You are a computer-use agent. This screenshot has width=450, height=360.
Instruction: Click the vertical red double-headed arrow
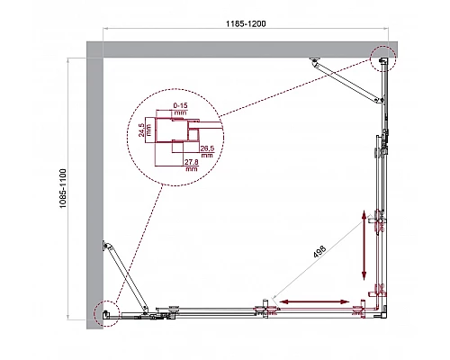pos(365,245)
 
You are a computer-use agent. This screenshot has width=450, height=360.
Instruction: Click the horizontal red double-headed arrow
pos(313,299)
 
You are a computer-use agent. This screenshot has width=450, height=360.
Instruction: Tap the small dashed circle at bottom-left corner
pos(107,310)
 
